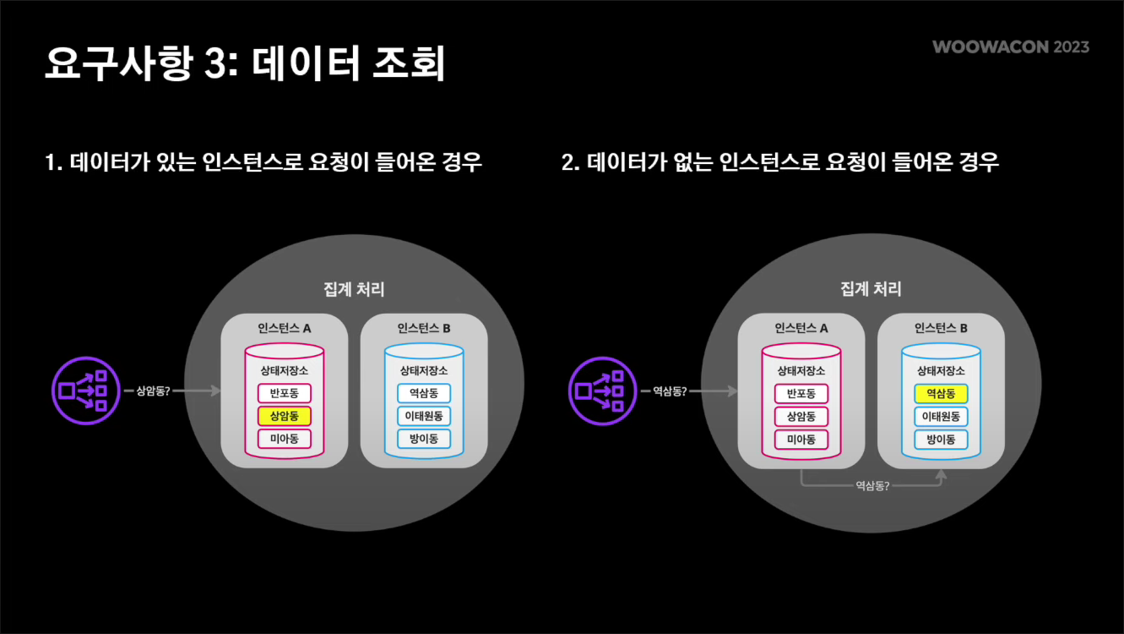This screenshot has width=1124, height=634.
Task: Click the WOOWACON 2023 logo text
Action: [x=1011, y=46]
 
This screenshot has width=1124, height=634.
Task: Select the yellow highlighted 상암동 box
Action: [x=285, y=416]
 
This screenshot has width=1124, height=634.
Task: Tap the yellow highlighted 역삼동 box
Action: [x=941, y=394]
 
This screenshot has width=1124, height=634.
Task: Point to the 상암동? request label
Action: [x=153, y=391]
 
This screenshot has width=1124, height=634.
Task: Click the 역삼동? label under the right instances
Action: [x=872, y=486]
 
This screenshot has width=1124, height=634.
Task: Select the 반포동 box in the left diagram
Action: [x=285, y=393]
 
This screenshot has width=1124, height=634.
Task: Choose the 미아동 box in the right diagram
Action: [x=801, y=440]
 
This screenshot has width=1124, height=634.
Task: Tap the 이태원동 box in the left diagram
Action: [x=424, y=416]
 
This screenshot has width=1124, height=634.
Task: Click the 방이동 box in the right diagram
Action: [x=941, y=440]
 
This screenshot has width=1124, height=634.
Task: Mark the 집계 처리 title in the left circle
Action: [x=354, y=289]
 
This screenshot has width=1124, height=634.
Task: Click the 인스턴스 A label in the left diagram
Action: [x=285, y=328]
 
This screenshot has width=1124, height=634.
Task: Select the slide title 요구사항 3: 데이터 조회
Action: [x=245, y=64]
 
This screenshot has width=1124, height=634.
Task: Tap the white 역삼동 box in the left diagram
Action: [x=424, y=393]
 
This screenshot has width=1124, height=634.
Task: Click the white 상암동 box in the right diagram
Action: [x=801, y=417]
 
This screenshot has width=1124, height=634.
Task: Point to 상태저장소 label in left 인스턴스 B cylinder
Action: [x=424, y=370]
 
